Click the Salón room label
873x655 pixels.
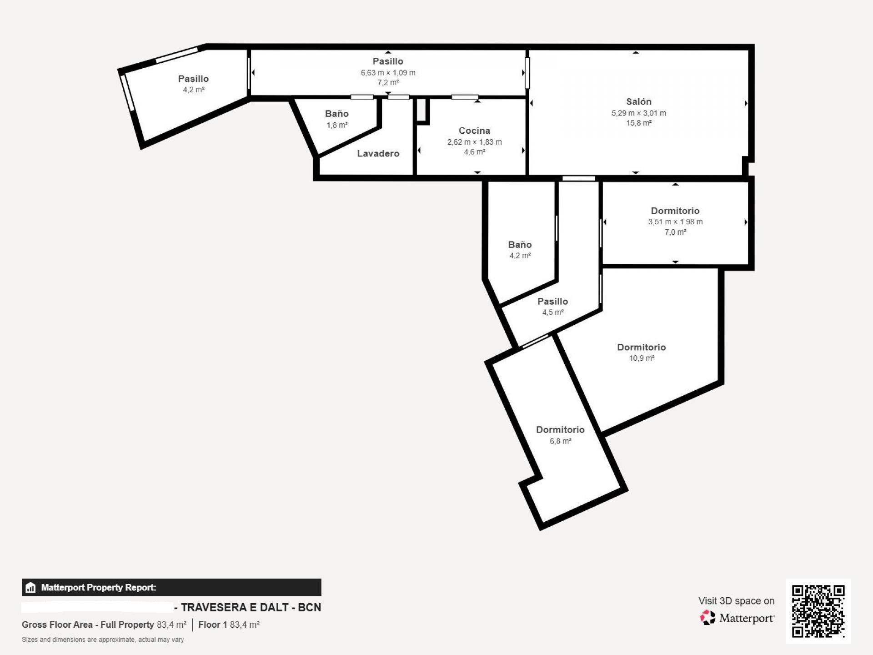pos(638,102)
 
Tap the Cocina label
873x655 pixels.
pos(474,131)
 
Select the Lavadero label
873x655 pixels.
pos(378,154)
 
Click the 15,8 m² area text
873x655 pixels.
pos(638,123)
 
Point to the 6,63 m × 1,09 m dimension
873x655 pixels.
pos(388,73)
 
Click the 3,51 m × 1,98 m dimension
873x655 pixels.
pos(675,222)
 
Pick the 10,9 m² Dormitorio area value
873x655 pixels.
pos(642,358)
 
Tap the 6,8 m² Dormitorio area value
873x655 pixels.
pos(560,441)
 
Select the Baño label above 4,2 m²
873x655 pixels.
pos(520,245)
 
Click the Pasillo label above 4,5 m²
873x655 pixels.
pos(552,302)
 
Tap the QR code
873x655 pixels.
pos(818,611)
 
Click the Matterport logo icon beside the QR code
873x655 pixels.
pos(707,618)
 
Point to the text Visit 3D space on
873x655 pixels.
pos(736,601)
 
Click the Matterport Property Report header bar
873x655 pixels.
pos(171,587)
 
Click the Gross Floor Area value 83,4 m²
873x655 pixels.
pos(171,625)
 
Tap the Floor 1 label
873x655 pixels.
pos(212,625)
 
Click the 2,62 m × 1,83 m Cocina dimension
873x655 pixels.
pos(474,142)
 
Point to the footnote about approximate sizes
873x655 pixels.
pos(103,640)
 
